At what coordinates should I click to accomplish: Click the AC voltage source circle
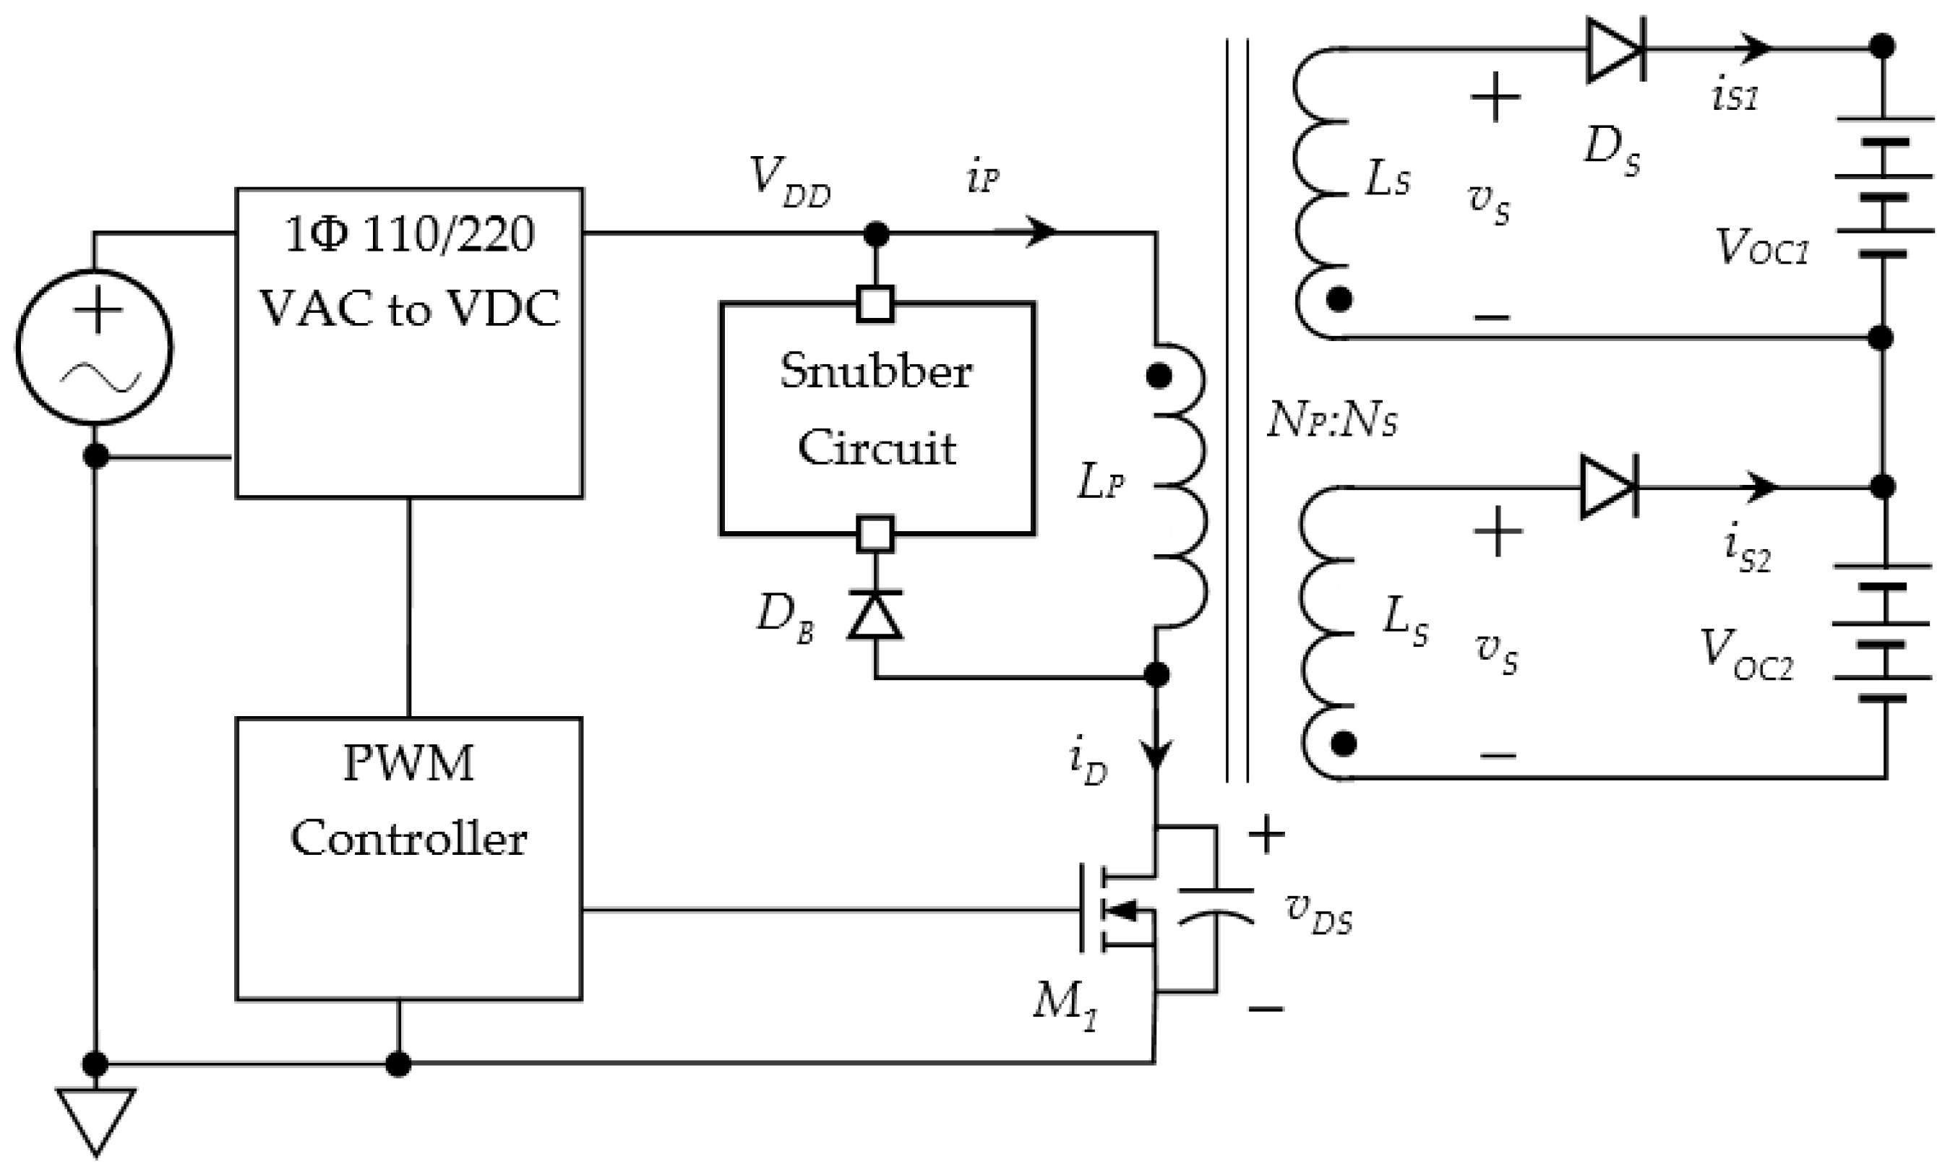point(94,348)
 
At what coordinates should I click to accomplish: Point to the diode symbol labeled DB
point(875,615)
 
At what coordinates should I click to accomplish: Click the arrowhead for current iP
point(1040,233)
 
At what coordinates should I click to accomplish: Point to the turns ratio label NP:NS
point(1332,421)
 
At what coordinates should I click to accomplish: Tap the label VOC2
point(1745,655)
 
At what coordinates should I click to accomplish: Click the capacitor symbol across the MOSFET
point(1216,906)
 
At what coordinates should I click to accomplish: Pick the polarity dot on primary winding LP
point(1159,376)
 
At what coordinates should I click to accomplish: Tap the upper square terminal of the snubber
point(875,304)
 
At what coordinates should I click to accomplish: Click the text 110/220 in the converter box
point(448,235)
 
